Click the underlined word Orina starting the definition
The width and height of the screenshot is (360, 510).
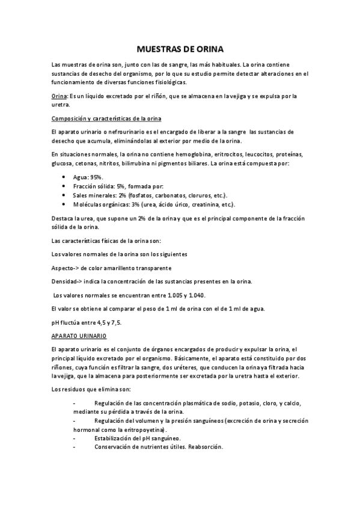(x=60, y=96)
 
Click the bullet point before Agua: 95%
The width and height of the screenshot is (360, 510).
(x=64, y=177)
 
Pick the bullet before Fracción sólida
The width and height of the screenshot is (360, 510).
(x=64, y=186)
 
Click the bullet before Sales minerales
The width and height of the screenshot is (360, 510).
(x=64, y=195)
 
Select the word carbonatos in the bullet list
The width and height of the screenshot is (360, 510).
(x=165, y=195)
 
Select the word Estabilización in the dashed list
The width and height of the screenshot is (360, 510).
(x=114, y=438)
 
